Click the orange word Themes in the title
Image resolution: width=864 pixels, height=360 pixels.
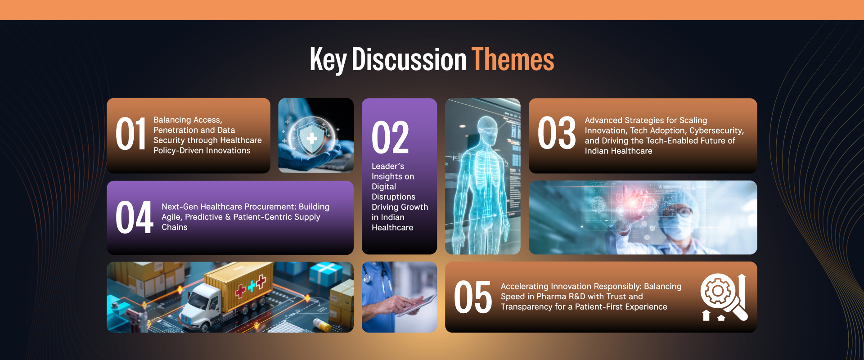point(513,60)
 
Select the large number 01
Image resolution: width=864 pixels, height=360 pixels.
point(131,134)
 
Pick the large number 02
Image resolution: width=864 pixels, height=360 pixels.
point(390,138)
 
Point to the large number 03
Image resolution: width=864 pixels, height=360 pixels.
point(557,133)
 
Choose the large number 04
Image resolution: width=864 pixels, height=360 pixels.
point(134,217)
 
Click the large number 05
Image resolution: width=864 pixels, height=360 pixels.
point(473,297)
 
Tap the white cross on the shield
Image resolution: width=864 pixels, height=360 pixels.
point(312,138)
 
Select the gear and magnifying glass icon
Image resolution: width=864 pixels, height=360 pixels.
point(724,297)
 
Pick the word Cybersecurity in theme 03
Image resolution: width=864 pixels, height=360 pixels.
point(716,131)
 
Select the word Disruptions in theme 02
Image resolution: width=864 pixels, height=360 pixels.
point(393,197)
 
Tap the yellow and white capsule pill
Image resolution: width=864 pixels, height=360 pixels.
point(322,324)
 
